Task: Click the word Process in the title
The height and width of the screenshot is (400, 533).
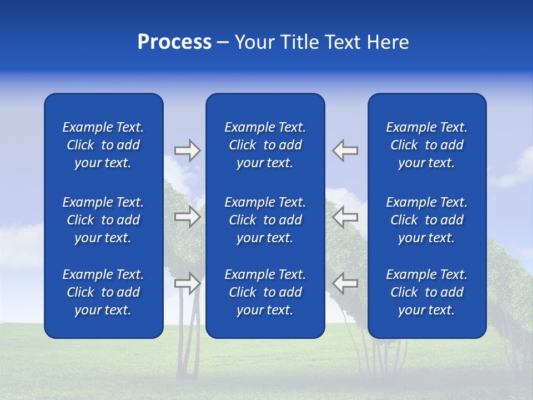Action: (x=174, y=42)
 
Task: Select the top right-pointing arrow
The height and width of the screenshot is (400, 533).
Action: (x=187, y=151)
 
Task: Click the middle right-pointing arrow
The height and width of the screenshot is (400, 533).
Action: (x=187, y=217)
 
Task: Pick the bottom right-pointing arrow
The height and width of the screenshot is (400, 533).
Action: (x=187, y=283)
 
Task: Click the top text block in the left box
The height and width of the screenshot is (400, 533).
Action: (x=103, y=145)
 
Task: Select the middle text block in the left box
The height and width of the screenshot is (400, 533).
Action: (x=103, y=220)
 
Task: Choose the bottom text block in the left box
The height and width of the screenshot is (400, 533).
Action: (x=103, y=292)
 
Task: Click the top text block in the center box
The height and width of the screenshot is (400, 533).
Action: (x=265, y=145)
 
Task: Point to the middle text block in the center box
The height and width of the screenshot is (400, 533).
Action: (x=265, y=220)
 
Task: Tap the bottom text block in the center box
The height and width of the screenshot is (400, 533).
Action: (x=265, y=292)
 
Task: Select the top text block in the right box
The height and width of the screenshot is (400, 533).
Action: (x=427, y=145)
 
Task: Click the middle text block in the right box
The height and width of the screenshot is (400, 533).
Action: (x=427, y=220)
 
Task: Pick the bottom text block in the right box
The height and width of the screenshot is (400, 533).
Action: (x=427, y=292)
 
